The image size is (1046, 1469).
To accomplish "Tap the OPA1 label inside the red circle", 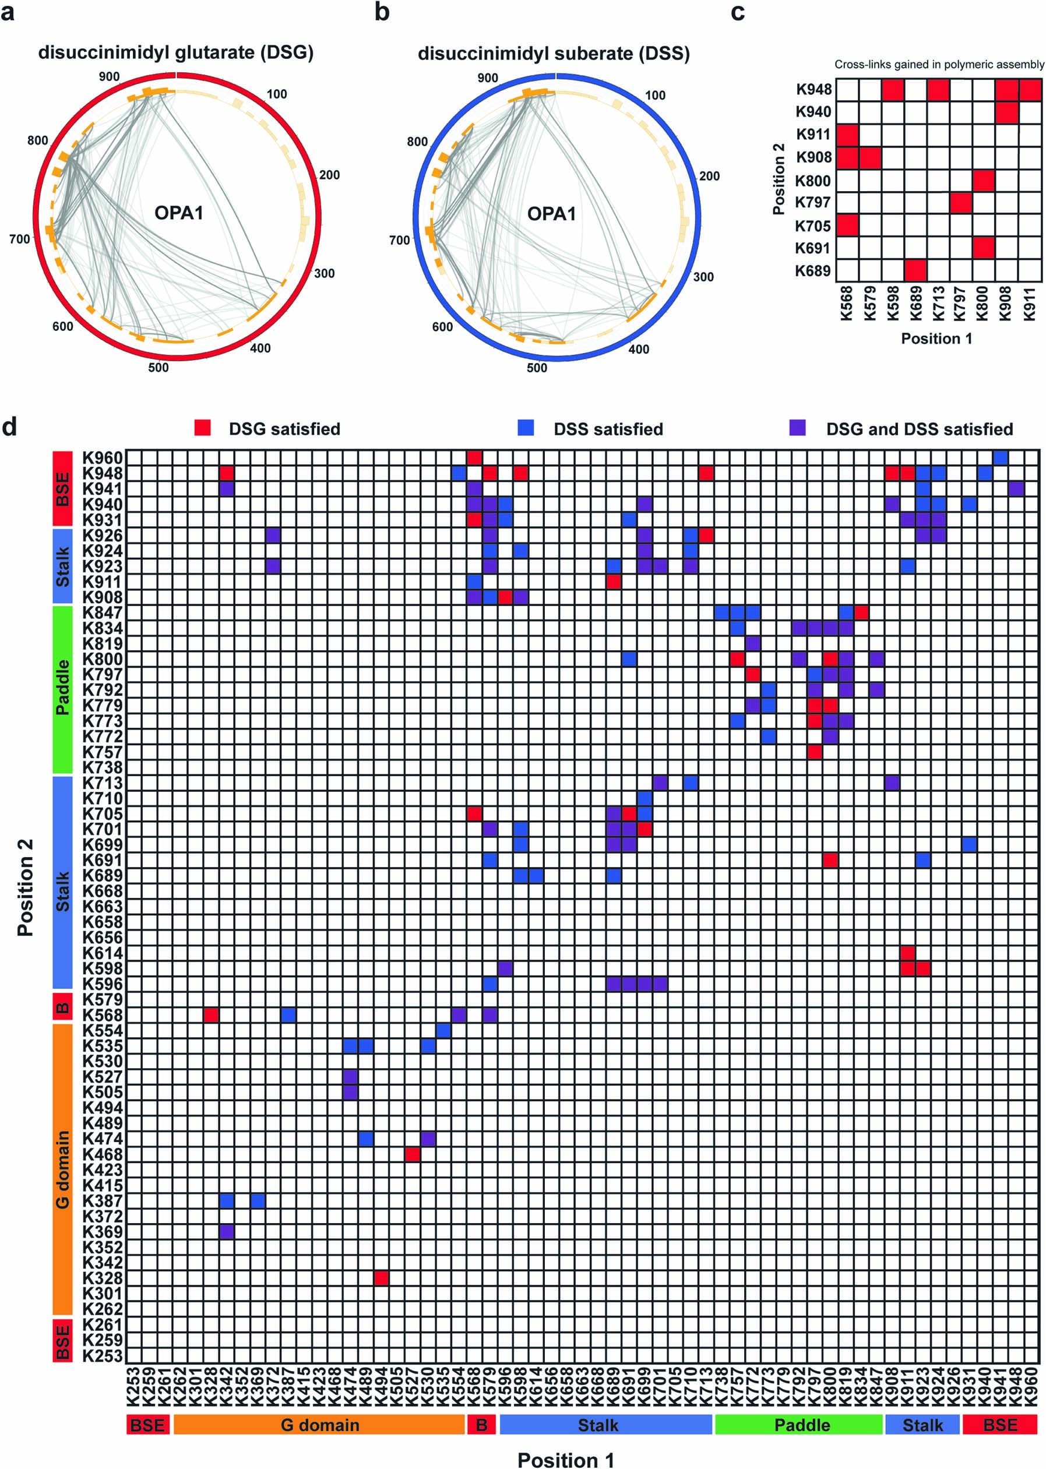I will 178,213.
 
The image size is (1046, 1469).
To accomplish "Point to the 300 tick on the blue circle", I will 703,277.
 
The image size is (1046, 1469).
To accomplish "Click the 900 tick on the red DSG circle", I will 109,77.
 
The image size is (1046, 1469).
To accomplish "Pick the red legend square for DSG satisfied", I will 202,428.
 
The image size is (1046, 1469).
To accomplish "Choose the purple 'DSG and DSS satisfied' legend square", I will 797,428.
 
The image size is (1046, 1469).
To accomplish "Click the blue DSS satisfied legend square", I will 526,428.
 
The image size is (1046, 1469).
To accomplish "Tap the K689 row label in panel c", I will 813,271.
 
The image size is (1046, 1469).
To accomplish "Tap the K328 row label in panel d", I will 102,1278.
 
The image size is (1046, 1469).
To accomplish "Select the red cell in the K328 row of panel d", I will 381,1278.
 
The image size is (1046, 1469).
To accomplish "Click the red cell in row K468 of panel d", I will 412,1154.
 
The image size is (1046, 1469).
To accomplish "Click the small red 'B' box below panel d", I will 481,1425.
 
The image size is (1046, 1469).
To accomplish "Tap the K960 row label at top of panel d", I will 102,458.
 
